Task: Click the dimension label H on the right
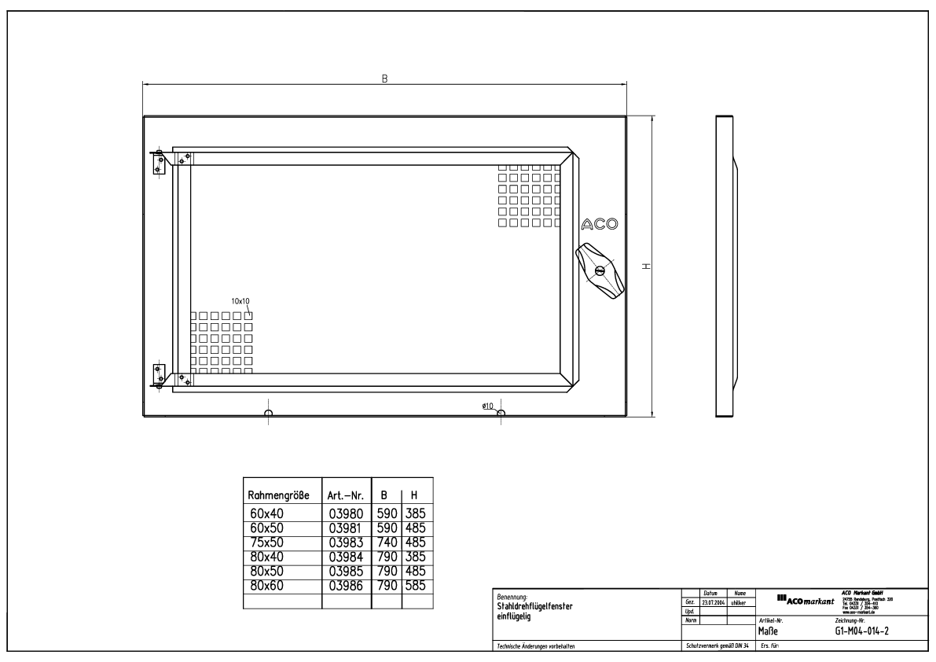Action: (x=645, y=267)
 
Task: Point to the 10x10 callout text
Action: (x=240, y=300)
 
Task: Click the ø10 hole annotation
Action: (x=487, y=406)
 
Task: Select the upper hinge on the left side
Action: (x=157, y=163)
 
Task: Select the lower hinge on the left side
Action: (x=157, y=375)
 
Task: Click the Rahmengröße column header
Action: (x=278, y=497)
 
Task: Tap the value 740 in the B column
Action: (x=387, y=542)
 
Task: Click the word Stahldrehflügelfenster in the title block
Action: (x=534, y=607)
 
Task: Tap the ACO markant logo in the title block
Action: (x=804, y=601)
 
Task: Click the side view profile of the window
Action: (x=725, y=267)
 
